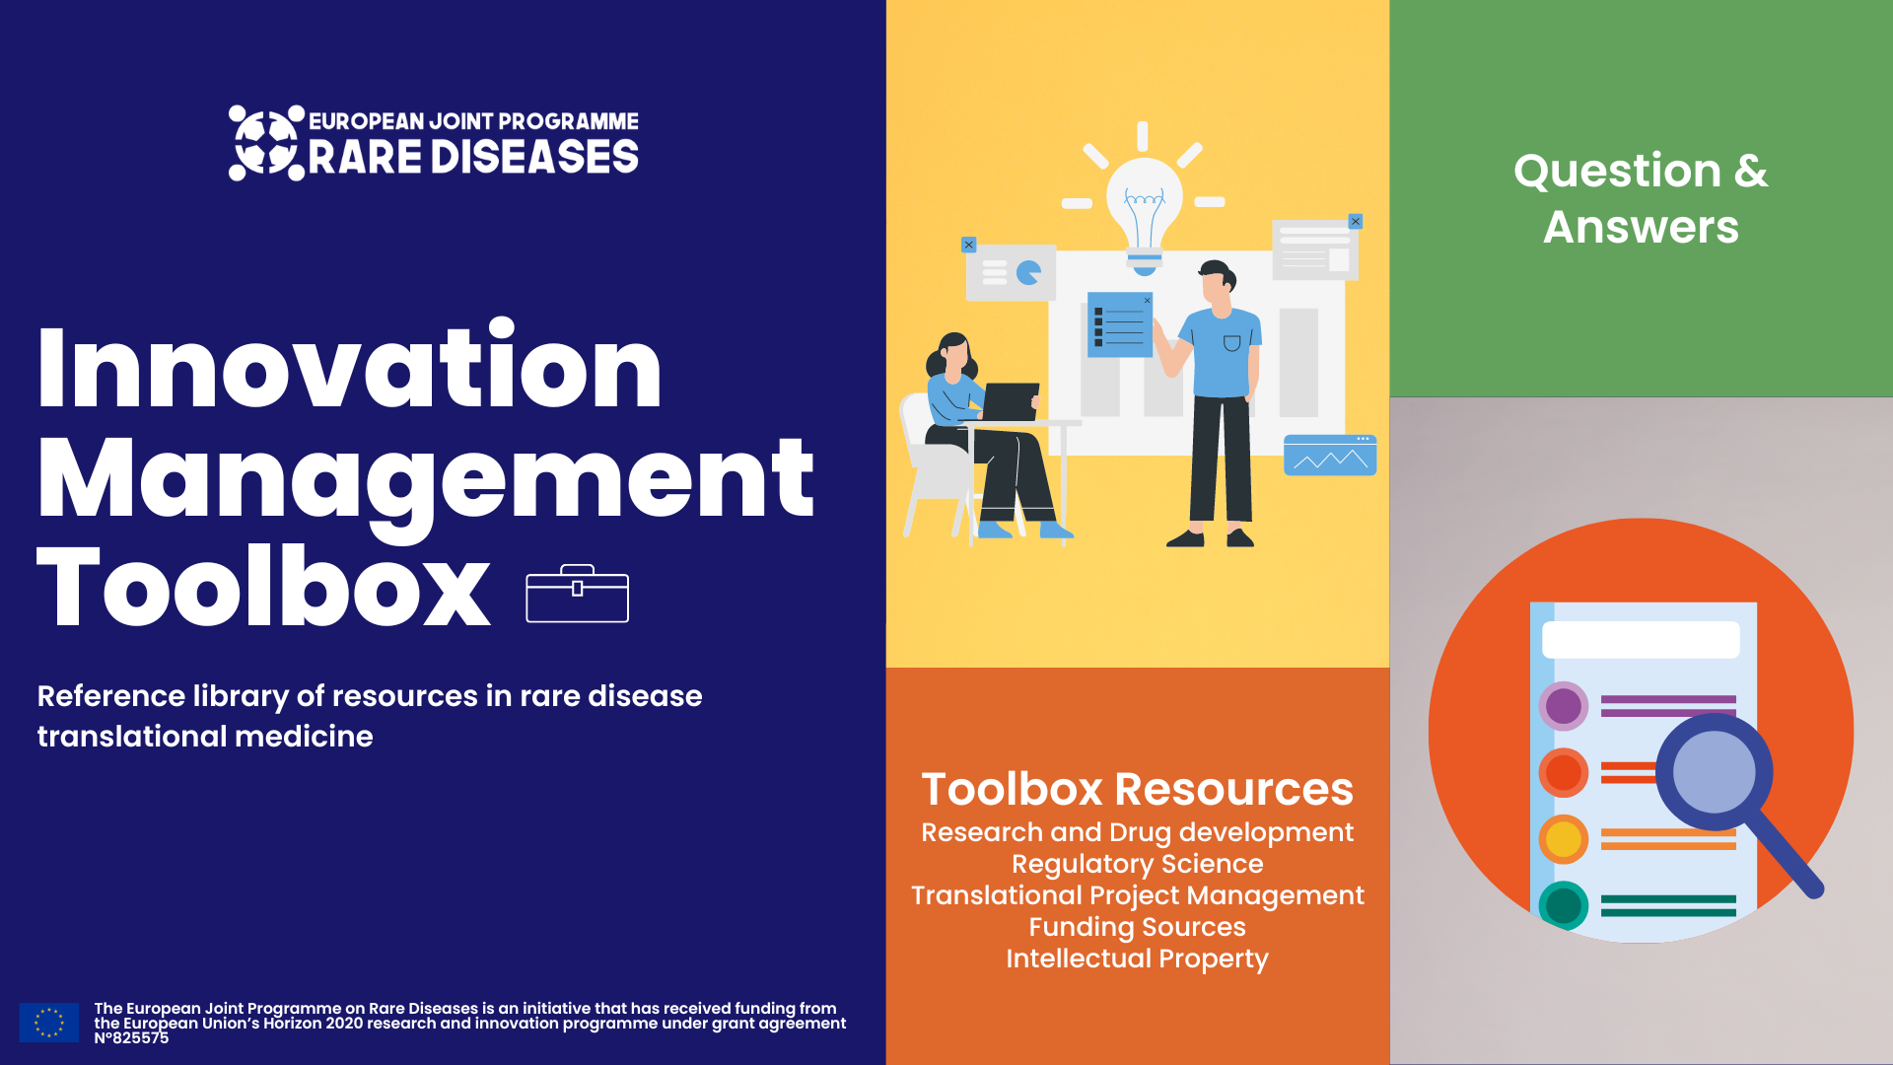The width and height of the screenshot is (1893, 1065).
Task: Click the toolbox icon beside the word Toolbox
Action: click(x=577, y=594)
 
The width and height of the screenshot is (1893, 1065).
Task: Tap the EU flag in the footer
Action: click(x=48, y=1023)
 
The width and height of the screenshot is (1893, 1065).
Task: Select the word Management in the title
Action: click(x=425, y=479)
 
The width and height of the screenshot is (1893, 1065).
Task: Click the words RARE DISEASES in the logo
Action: click(x=473, y=158)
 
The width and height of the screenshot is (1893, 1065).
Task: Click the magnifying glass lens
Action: click(x=1714, y=771)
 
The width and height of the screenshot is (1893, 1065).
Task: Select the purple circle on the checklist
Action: click(x=1563, y=706)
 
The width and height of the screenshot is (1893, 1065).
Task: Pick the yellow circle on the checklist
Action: click(x=1563, y=839)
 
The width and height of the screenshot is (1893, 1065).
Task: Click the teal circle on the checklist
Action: click(x=1563, y=905)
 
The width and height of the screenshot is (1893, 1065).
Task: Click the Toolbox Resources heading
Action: click(x=1137, y=789)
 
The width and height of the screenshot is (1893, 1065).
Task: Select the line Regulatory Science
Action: click(x=1137, y=864)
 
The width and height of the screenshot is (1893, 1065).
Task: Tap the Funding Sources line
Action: click(x=1137, y=927)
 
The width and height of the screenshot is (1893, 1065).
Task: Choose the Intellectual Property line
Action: click(x=1137, y=958)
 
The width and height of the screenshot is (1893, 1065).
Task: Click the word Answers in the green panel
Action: click(x=1641, y=227)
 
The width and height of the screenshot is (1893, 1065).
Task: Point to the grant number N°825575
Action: click(x=131, y=1038)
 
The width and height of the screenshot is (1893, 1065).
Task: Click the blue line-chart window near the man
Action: click(x=1329, y=456)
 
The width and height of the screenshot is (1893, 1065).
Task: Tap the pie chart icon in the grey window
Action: click(x=1028, y=272)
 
